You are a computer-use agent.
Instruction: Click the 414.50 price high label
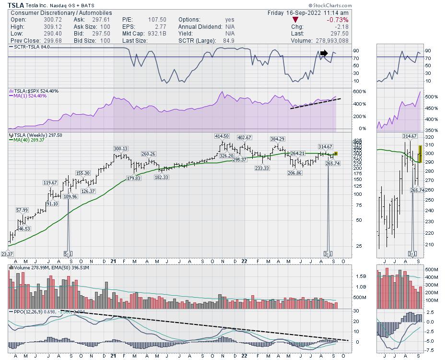222,136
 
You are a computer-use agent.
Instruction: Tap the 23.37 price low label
7,254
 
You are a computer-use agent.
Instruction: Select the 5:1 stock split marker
68,253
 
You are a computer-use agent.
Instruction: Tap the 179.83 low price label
133,178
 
